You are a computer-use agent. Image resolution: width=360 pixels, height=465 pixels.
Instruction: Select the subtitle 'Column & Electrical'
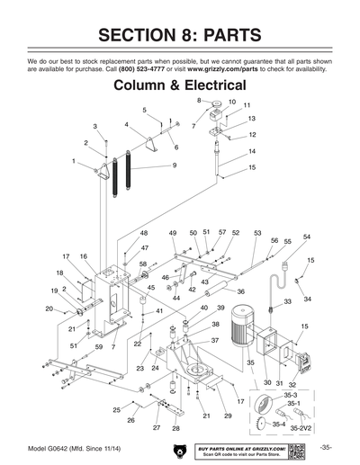point(180,85)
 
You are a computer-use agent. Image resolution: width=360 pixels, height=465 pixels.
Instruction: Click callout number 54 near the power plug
point(307,237)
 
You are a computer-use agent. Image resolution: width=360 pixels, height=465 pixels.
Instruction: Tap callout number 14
point(252,151)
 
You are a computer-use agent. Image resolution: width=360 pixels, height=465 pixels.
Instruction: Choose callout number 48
point(144,233)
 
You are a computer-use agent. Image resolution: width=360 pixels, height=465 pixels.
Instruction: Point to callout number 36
point(240,291)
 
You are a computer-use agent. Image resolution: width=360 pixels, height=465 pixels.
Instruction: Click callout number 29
point(228,416)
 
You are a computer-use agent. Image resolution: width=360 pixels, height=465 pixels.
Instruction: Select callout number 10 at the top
point(231,103)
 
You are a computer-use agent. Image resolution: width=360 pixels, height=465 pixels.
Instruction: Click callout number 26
point(130,420)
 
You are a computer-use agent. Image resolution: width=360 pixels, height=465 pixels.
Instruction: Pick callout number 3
point(95,126)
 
